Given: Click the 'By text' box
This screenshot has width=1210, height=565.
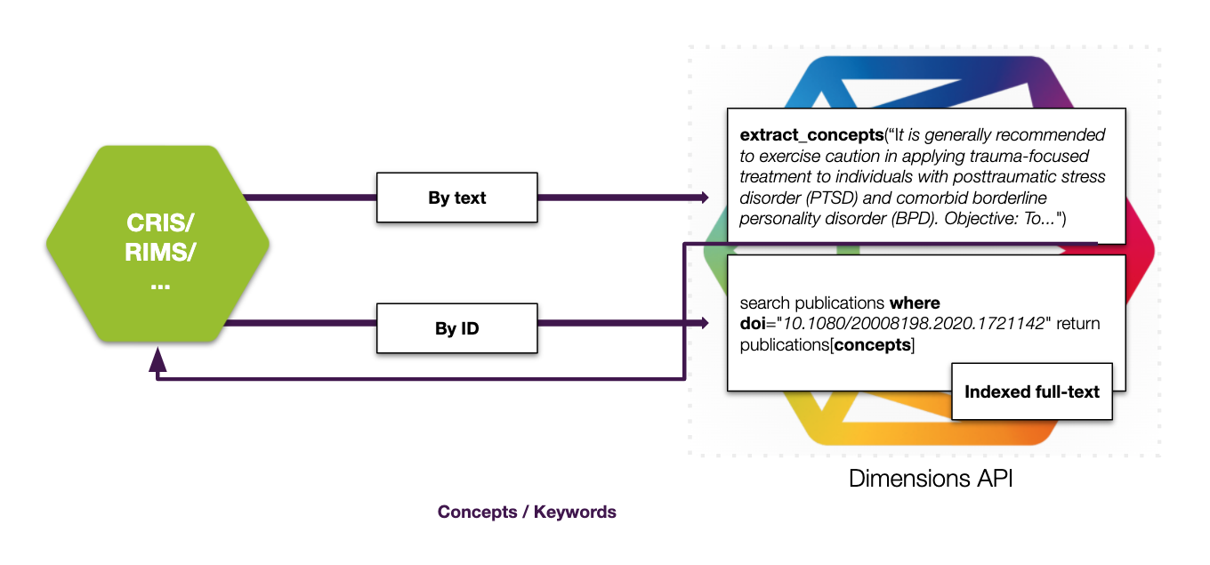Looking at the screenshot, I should pyautogui.click(x=457, y=198).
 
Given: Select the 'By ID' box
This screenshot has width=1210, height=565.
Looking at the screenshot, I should pyautogui.click(x=457, y=329).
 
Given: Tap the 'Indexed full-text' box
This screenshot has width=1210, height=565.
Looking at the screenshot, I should pyautogui.click(x=1032, y=391).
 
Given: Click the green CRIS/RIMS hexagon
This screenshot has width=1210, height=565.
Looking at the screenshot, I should pyautogui.click(x=157, y=244).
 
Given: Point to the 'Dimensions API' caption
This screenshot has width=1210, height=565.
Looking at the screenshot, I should pyautogui.click(x=931, y=478).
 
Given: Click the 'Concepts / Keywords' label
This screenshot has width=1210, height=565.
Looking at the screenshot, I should pyautogui.click(x=527, y=512).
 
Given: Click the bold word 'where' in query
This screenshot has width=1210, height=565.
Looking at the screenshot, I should pyautogui.click(x=915, y=303).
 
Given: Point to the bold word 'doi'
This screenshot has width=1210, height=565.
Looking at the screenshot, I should pyautogui.click(x=754, y=324).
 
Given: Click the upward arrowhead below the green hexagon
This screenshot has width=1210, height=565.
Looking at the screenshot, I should pyautogui.click(x=157, y=359).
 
